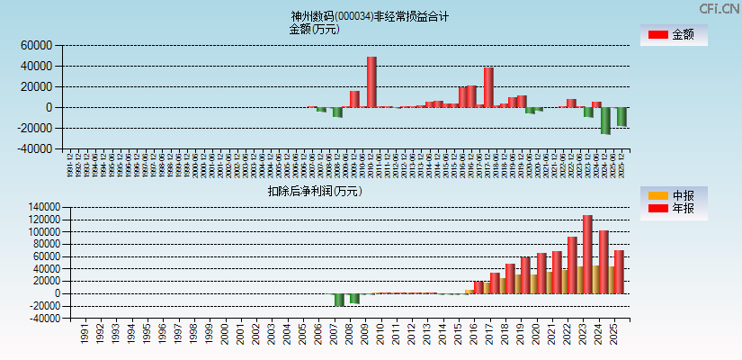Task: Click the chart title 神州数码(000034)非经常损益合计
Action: coord(370,16)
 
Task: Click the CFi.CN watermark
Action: coord(719,8)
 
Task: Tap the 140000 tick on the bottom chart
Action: coord(41,207)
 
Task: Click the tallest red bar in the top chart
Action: coord(371,82)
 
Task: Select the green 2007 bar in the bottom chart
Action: coord(339,300)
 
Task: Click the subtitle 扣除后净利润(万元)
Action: coord(314,191)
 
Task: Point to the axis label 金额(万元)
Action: coord(314,29)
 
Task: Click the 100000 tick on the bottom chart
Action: coord(41,231)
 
